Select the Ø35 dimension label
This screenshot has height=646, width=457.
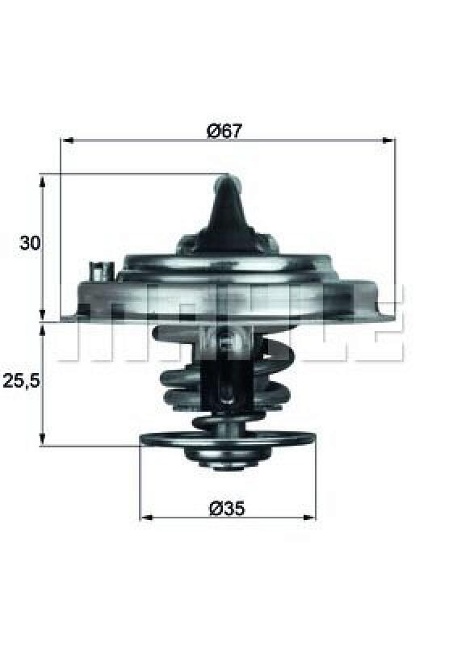[227, 508]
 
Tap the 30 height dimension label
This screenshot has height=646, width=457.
[31, 243]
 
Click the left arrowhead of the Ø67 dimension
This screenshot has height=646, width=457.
[66, 141]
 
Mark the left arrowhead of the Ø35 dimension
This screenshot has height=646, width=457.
[145, 517]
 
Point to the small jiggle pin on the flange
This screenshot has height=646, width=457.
[99, 268]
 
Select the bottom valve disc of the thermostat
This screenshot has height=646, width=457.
[227, 438]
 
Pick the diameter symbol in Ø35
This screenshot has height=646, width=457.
[215, 508]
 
